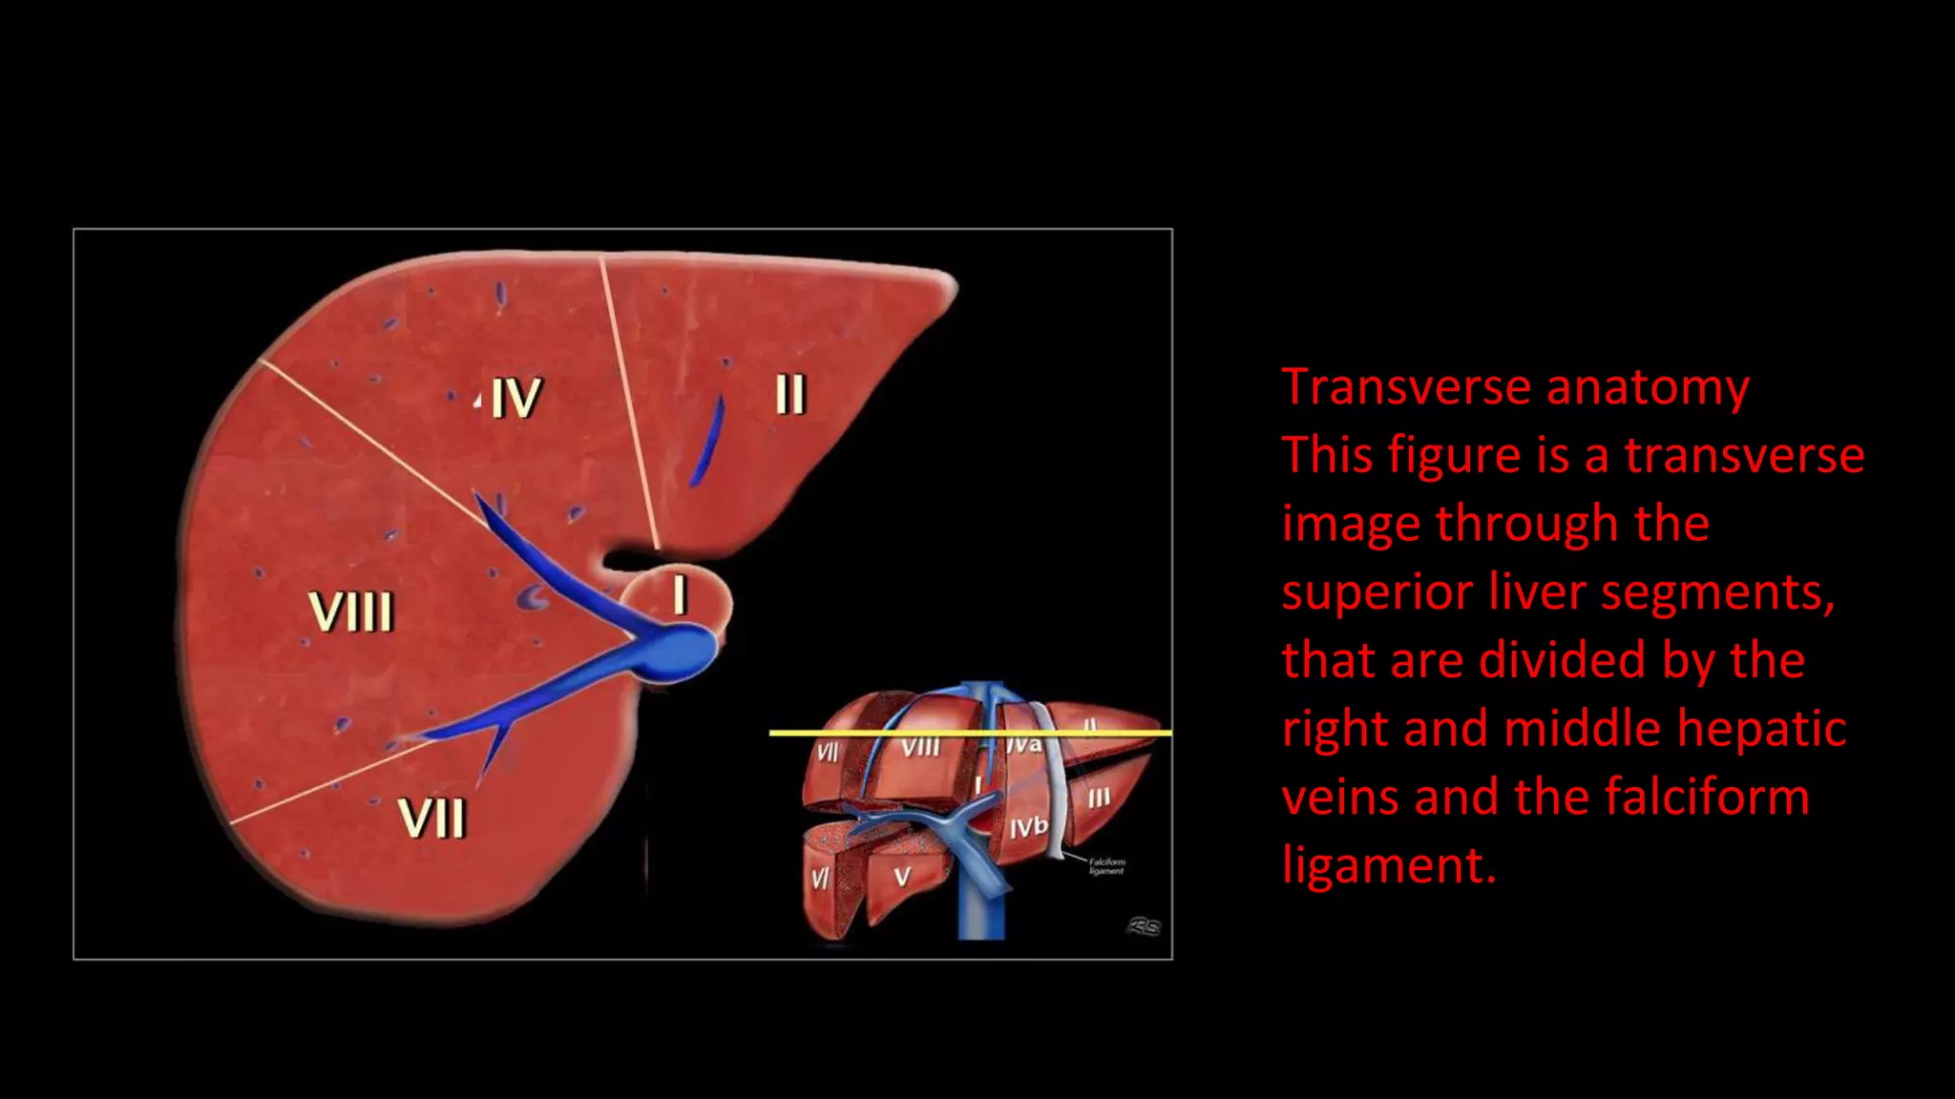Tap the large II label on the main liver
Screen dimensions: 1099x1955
click(x=790, y=393)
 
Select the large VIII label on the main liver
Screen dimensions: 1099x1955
click(x=350, y=612)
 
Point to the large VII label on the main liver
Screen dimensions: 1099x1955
click(x=431, y=818)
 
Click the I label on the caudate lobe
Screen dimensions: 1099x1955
click(x=680, y=593)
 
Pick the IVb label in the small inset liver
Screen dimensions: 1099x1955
click(x=1028, y=827)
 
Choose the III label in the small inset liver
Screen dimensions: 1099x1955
click(x=1099, y=798)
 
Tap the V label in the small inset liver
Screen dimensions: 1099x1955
click(x=902, y=877)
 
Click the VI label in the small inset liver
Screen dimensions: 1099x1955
click(x=820, y=877)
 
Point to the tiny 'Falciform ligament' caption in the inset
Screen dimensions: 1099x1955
click(x=1106, y=866)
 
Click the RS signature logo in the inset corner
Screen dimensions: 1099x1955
click(x=1144, y=925)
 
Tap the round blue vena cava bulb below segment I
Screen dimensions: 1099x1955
click(x=683, y=653)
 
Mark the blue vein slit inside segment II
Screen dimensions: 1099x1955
click(x=708, y=441)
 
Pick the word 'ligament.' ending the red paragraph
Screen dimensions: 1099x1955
click(x=1389, y=865)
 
